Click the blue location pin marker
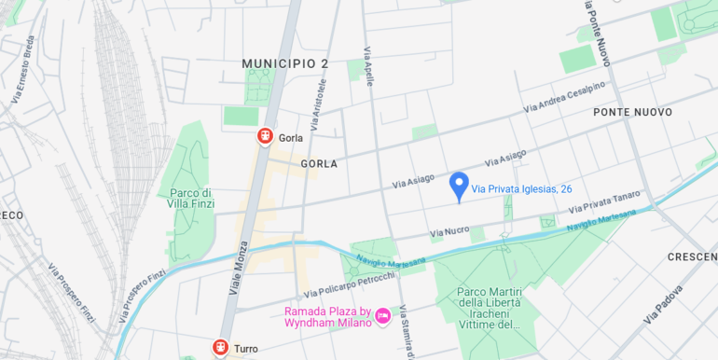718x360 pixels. pyautogui.click(x=459, y=186)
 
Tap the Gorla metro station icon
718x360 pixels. pyautogui.click(x=265, y=137)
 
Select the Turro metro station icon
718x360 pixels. pyautogui.click(x=220, y=348)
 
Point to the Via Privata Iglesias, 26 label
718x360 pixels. pyautogui.click(x=522, y=189)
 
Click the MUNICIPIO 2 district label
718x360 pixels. pyautogui.click(x=285, y=63)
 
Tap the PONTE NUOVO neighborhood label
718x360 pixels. pyautogui.click(x=632, y=112)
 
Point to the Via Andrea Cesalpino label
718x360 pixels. pyautogui.click(x=564, y=97)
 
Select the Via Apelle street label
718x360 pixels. pyautogui.click(x=368, y=68)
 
